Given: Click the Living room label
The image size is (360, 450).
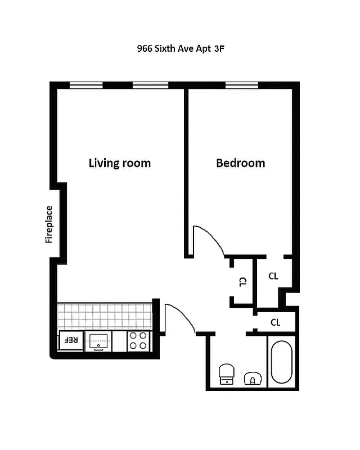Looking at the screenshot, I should point(120,163).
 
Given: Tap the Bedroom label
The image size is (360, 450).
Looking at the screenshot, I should point(240,163).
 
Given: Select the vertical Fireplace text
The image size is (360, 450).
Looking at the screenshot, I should point(49,224).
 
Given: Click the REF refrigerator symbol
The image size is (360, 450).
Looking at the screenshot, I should point(70,340).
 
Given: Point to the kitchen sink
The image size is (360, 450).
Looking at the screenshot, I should point(98,340).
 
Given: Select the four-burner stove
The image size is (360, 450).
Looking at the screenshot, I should point(138,340).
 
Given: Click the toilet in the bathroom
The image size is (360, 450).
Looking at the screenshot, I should point(226,373).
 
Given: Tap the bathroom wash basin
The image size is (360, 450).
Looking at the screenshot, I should point(253,378).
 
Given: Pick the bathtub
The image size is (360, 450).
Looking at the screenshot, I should point(281,363).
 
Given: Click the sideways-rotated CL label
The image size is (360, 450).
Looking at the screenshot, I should point(242,282).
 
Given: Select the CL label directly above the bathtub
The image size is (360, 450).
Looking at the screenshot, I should point(275,322).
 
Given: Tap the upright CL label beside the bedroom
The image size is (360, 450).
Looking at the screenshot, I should point(273,276).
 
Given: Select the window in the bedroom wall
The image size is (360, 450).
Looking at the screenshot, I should point(241,85).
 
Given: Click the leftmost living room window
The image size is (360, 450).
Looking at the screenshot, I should point(86,85).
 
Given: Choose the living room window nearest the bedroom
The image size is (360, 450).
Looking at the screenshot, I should point(150,85).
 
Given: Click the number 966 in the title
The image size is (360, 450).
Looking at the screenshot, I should point(145,49).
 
